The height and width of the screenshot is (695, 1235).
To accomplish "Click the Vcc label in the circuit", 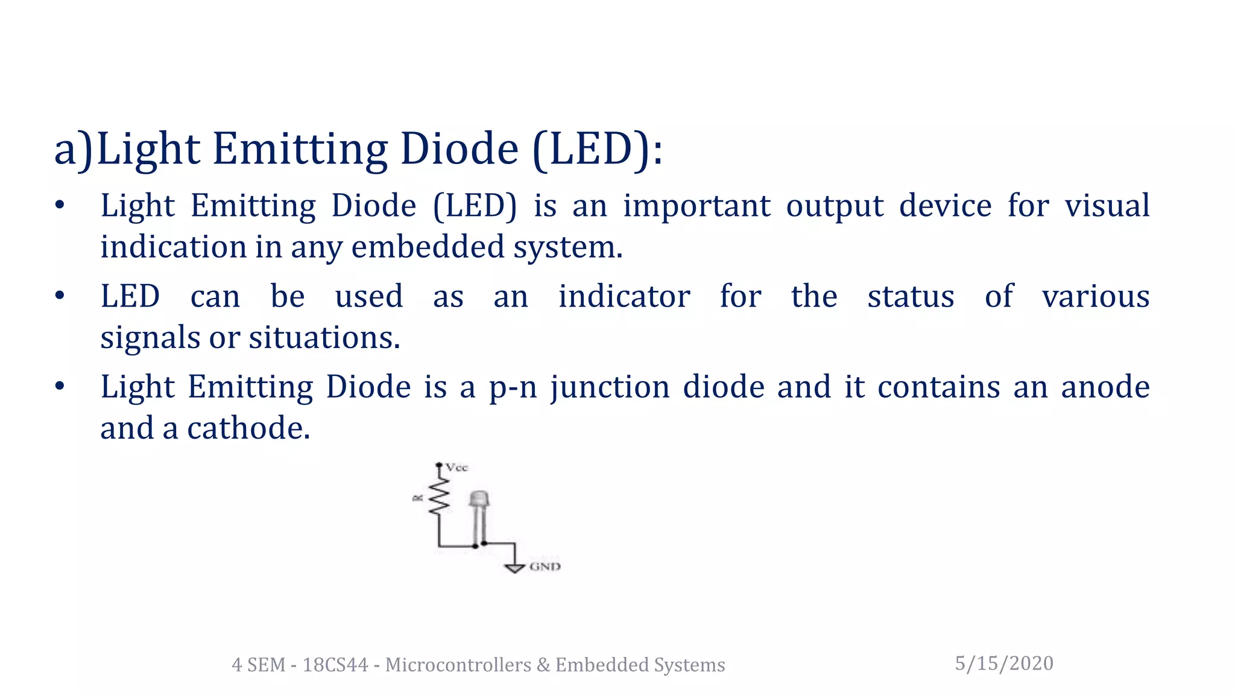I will pos(456,468).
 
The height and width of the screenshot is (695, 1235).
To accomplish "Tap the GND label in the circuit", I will pos(545,566).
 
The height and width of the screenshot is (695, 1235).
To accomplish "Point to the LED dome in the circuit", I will pos(479,499).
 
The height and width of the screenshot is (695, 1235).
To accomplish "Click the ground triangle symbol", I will pos(514,568).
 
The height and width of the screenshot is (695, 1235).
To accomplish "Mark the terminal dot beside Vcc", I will pos(439,465).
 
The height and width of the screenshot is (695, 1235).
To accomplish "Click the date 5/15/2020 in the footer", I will pos(1004,663).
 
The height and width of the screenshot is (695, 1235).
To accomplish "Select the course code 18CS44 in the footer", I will pos(335,665).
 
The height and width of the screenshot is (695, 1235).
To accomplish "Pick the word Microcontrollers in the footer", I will pos(458,665).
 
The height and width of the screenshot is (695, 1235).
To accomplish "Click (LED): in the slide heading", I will pos(598,149).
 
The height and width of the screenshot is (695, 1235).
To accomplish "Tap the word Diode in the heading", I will pos(459,149).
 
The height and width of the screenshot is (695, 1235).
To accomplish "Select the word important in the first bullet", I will pos(696,206).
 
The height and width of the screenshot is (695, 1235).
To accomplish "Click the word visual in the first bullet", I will pos(1107,206).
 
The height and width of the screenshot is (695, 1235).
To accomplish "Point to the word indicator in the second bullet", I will pos(624,296).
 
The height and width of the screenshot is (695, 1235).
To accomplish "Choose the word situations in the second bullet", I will pos(324,337).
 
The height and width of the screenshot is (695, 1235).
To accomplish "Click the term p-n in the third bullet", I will pos(513,387).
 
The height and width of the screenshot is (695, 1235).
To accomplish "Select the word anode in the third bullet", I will pos(1105,387).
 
